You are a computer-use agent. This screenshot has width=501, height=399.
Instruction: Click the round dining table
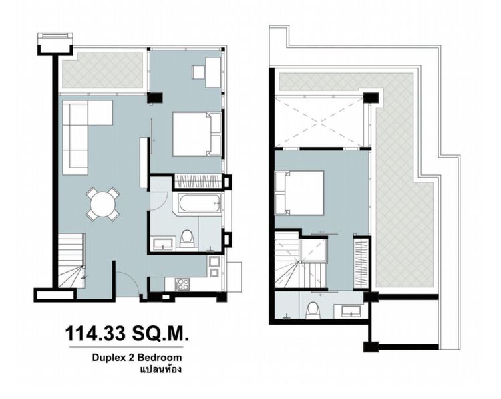coord(103,203)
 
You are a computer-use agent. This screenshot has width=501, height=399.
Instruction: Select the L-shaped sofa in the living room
coord(80,130)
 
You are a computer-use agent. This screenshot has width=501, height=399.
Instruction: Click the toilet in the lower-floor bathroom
coord(187,238)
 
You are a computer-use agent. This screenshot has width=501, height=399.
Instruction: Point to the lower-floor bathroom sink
coord(162,243)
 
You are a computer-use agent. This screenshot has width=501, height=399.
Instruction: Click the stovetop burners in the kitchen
coord(182,283)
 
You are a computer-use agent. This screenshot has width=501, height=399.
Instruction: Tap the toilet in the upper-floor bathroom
coord(312,309)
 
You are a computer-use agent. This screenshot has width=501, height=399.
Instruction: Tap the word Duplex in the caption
coord(107,358)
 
